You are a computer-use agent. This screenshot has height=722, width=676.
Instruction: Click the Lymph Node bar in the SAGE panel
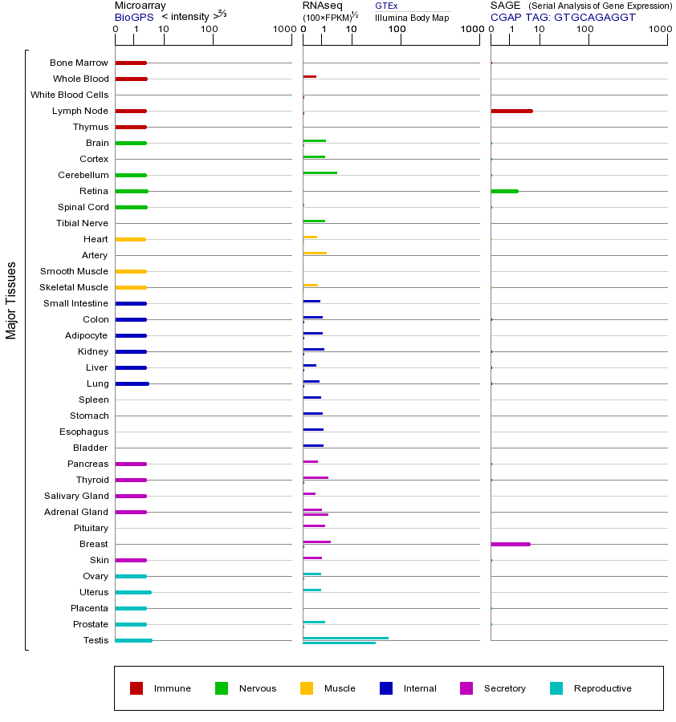coord(511,111)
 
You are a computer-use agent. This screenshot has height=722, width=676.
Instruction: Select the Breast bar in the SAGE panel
coord(511,544)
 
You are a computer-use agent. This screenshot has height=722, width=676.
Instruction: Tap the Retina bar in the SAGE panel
coord(504,191)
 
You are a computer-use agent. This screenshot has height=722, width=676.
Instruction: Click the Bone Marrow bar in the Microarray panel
coord(131,63)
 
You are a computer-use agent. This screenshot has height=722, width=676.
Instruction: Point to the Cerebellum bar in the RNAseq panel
coord(320,172)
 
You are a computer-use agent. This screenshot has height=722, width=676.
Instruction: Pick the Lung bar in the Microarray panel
coord(132,383)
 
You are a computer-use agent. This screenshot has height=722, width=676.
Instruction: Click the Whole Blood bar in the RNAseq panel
coord(309,76)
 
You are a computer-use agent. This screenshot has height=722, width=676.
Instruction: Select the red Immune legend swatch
coord(136,688)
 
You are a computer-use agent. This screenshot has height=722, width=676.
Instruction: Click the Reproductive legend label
coord(602,688)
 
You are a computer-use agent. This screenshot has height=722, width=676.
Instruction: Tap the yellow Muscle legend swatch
coord(307,688)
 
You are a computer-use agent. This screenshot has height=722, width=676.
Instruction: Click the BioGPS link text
coord(134,17)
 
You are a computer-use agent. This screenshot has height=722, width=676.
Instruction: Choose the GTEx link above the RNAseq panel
coord(386,6)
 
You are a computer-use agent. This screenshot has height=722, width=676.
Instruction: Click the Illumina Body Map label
coord(412,17)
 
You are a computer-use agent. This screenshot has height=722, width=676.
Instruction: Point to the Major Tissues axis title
coord(11,300)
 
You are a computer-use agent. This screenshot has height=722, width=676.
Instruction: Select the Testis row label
coord(96,640)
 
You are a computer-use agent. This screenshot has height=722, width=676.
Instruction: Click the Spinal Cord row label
coord(83,207)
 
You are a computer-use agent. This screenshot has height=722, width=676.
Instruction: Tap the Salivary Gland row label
coord(76,496)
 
